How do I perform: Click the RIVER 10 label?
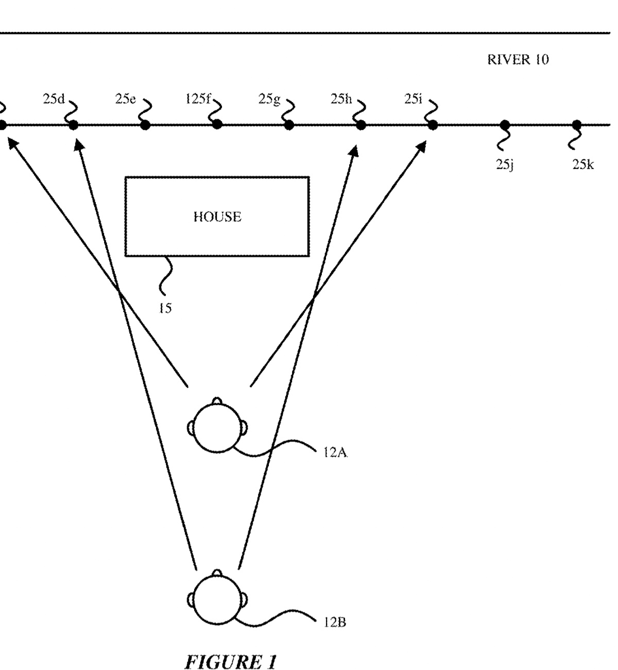(518, 60)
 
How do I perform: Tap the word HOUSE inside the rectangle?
(217, 217)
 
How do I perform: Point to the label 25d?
(54, 99)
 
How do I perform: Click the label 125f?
(198, 99)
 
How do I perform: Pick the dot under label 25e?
(145, 125)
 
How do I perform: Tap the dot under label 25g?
(289, 125)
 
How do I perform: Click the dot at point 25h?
(361, 125)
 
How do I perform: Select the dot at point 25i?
(433, 125)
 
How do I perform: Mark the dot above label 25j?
(505, 125)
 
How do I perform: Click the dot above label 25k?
(577, 125)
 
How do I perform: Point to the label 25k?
(583, 165)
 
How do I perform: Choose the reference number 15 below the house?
(165, 309)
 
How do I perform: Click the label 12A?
(335, 453)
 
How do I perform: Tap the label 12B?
(335, 622)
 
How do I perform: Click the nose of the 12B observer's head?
(217, 573)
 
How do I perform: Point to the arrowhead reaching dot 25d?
(78, 146)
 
